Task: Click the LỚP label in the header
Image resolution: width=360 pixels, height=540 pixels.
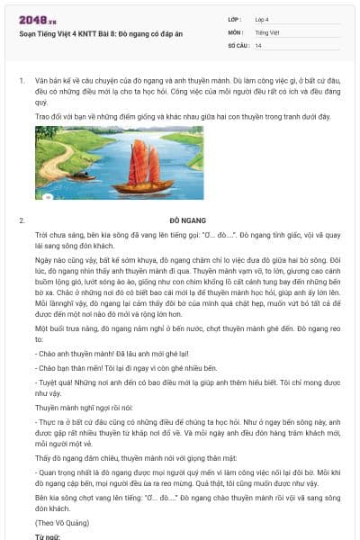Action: [x=234, y=19]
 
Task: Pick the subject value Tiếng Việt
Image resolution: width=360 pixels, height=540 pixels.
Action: [x=267, y=31]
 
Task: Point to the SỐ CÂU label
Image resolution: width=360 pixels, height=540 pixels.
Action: [x=237, y=45]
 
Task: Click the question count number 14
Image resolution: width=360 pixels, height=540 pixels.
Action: [x=258, y=45]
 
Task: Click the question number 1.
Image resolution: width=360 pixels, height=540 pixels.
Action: [x=21, y=80]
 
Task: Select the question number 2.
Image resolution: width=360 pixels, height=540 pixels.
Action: [x=21, y=220]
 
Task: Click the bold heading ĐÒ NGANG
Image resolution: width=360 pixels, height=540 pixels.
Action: [x=186, y=220]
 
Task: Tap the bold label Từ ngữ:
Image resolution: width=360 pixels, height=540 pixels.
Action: [x=47, y=535]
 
